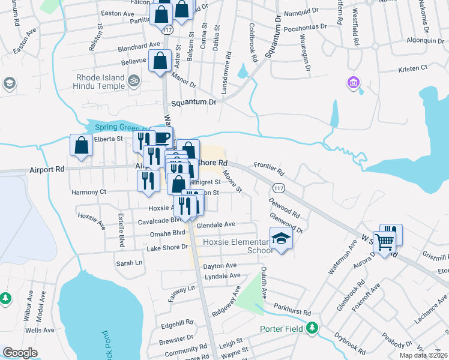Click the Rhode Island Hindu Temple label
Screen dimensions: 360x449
(x=101, y=82)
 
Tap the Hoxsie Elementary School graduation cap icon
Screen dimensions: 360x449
(x=281, y=239)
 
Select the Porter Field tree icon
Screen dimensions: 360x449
(x=312, y=328)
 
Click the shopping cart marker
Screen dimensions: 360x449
(x=384, y=242)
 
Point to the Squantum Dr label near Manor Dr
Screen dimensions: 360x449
(x=193, y=103)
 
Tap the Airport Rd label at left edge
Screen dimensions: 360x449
(x=47, y=170)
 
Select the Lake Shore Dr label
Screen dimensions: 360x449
(x=167, y=247)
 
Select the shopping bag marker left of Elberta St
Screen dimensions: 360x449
(x=81, y=145)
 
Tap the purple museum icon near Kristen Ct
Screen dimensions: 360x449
(x=354, y=82)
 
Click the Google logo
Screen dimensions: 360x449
(x=20, y=353)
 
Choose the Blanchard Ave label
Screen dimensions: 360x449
(x=140, y=44)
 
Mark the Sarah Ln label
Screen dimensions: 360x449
(x=130, y=263)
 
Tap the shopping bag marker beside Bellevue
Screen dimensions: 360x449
(x=160, y=61)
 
